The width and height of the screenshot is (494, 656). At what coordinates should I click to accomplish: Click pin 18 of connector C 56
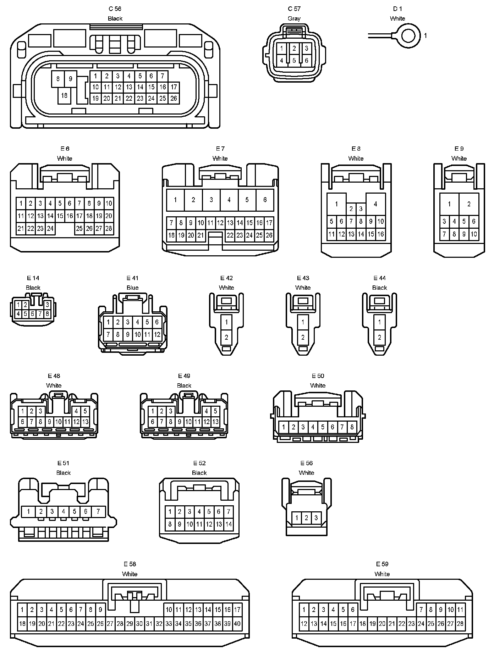click(x=64, y=95)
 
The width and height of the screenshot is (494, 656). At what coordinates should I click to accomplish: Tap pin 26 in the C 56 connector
click(x=174, y=98)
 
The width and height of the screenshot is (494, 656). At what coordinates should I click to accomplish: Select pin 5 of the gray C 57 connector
click(x=294, y=60)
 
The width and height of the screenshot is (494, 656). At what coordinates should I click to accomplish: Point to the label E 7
click(x=220, y=149)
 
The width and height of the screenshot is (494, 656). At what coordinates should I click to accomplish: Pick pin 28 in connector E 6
click(x=109, y=229)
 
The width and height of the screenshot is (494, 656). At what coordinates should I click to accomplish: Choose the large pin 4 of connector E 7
click(x=229, y=200)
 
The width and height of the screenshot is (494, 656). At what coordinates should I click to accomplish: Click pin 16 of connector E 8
click(x=380, y=234)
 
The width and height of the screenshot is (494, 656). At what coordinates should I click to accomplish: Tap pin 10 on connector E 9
click(x=474, y=234)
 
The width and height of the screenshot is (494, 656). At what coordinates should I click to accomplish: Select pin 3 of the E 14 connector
click(x=47, y=305)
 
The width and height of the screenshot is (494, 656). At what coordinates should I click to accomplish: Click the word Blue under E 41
click(x=132, y=288)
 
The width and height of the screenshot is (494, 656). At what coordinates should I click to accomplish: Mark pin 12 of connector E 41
click(x=157, y=334)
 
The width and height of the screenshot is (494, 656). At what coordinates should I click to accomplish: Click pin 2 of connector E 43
click(x=303, y=337)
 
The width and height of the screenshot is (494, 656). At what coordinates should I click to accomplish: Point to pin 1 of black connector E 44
click(x=379, y=322)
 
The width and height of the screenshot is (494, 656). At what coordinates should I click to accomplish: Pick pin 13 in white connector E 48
click(x=85, y=422)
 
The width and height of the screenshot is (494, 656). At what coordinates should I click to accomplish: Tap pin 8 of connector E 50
click(x=352, y=427)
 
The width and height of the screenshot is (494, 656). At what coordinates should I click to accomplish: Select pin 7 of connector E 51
click(x=98, y=511)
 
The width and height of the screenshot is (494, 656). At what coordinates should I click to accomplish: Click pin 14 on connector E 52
click(x=229, y=524)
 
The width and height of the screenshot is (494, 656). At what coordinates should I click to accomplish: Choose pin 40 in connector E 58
click(x=237, y=623)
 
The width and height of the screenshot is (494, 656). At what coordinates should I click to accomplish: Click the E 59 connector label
click(x=382, y=564)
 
